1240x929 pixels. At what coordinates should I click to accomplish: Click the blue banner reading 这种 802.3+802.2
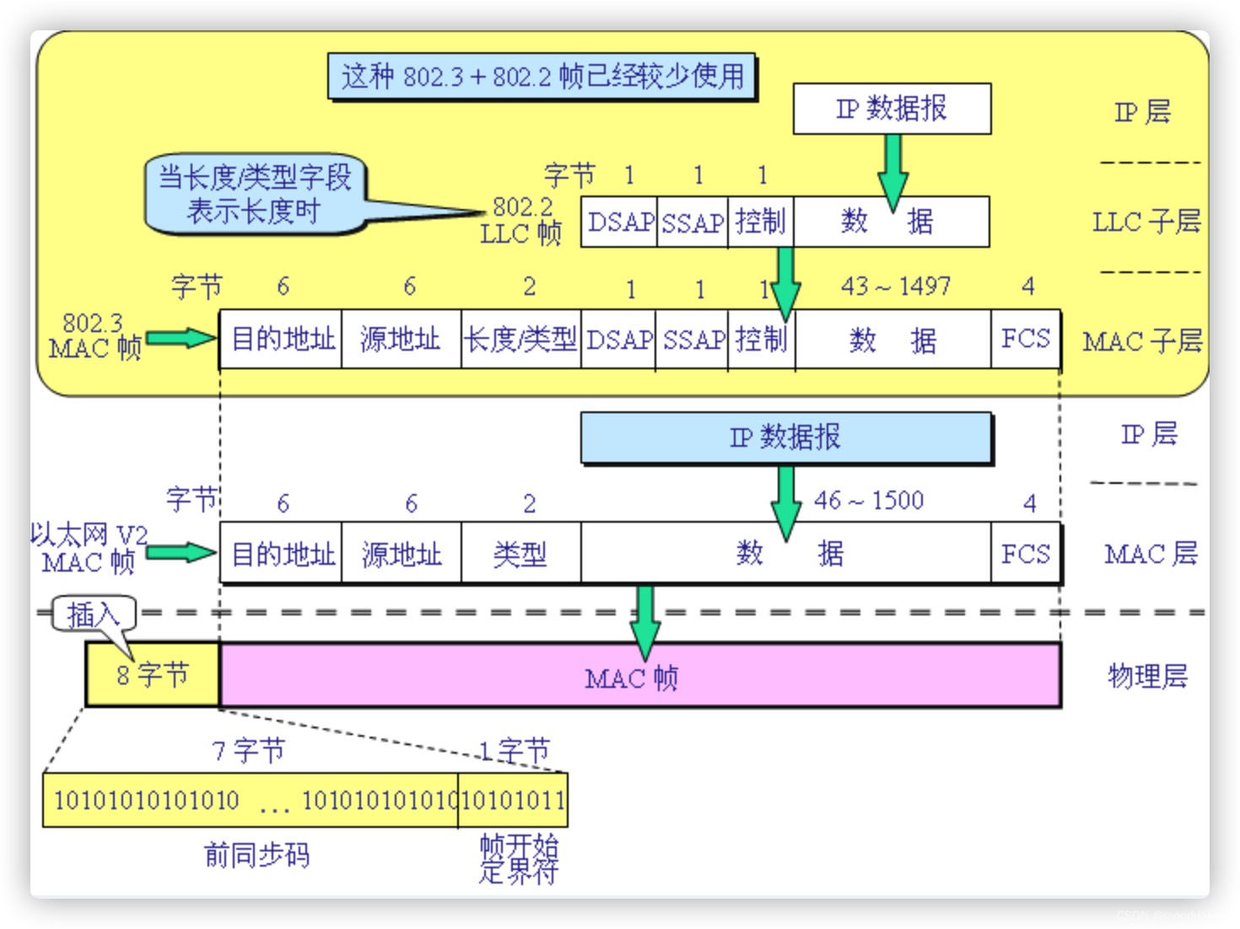click(x=542, y=77)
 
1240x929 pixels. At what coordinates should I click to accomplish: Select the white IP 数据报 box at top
click(x=892, y=109)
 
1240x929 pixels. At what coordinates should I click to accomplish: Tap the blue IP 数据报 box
click(x=785, y=438)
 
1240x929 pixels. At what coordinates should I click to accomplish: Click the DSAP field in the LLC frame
click(x=619, y=223)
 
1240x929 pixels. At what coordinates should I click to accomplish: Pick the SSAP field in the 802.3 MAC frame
click(x=692, y=340)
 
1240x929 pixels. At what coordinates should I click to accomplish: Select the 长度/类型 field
click(x=520, y=340)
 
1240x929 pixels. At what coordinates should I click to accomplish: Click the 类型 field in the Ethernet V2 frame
click(x=520, y=554)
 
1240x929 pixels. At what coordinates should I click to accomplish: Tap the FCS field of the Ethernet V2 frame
click(x=1025, y=554)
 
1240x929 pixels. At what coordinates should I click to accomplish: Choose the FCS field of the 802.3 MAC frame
click(x=1025, y=340)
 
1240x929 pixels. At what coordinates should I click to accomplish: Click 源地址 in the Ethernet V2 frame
click(x=402, y=554)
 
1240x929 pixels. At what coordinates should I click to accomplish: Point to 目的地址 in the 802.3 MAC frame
click(x=282, y=340)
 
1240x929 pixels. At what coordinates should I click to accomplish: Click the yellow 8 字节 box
click(x=153, y=674)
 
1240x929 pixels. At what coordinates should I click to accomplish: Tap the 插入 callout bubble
click(x=93, y=615)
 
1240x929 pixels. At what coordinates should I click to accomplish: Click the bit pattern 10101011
click(x=514, y=800)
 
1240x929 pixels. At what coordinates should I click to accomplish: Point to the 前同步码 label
click(x=257, y=855)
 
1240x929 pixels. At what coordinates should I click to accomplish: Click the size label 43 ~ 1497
click(x=895, y=286)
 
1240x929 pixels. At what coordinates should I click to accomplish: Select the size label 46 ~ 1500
click(x=869, y=501)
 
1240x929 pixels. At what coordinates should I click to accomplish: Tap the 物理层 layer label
click(x=1147, y=676)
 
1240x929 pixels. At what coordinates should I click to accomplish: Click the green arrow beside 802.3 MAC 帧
click(x=181, y=339)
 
